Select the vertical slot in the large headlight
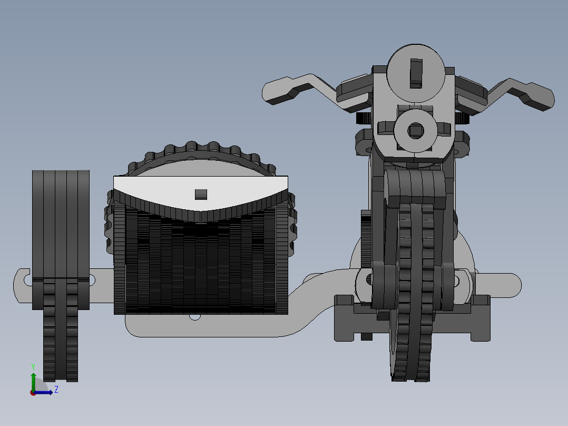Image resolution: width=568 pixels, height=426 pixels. tap(416, 73)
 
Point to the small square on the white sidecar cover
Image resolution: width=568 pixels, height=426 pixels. tap(201, 194)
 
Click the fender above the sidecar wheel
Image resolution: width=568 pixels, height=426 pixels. tap(61, 221)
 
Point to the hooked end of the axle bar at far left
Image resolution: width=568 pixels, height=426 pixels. tap(21, 285)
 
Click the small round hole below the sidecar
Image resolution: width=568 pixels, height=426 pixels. tap(195, 317)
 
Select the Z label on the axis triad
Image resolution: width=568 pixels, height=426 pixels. tap(56, 390)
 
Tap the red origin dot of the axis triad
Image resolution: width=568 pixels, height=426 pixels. tap(33, 393)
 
